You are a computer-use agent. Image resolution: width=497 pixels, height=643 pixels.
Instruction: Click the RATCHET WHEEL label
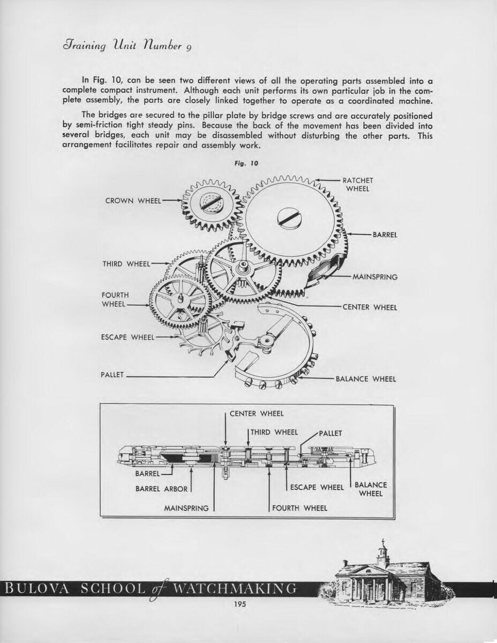coord(358,184)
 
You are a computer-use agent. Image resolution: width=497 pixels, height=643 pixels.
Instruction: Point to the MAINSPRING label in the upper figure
coord(375,277)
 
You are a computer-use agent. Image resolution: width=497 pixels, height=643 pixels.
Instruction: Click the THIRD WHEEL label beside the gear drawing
coord(126,264)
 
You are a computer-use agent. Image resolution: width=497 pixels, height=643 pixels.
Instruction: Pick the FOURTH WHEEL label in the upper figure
coord(115,300)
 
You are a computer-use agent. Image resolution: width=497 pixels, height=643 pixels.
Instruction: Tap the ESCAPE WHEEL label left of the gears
coord(127,338)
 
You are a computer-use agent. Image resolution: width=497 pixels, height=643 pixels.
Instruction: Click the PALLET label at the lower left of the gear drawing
coord(112,375)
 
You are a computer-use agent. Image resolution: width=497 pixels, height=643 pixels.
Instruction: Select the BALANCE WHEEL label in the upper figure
coord(366,379)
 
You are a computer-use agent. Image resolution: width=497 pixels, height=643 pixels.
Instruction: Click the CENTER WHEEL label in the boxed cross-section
coord(257,413)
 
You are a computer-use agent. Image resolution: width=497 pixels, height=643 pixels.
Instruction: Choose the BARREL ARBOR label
coord(161,489)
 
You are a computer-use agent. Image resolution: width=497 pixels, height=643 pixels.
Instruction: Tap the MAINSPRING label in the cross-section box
coord(186,507)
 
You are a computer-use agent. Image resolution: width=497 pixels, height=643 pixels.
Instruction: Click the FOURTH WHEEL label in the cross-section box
coord(299,507)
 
